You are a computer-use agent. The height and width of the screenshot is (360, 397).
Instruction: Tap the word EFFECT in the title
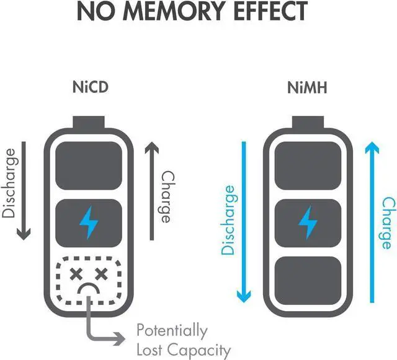270,11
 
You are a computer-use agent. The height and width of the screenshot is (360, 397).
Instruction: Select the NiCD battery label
90,87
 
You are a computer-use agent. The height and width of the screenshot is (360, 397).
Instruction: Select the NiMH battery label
307,87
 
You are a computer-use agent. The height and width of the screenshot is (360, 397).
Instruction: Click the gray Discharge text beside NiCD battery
9,183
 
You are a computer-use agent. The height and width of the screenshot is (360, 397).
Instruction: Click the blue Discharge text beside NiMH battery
229,220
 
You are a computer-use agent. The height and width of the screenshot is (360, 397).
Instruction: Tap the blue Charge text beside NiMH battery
389,224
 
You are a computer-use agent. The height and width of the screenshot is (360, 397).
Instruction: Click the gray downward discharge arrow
24,191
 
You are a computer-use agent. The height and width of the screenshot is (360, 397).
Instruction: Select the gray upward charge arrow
151,191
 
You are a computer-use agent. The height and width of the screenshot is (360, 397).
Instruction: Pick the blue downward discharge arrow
244,222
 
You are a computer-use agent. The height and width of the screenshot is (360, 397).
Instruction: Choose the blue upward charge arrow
372,222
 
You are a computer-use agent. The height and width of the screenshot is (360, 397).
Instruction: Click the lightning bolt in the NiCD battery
89,222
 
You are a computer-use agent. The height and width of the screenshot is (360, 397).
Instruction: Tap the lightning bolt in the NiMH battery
308,222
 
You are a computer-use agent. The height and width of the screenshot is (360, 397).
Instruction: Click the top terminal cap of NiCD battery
89,123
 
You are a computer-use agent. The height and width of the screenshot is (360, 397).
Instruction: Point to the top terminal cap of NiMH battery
308,123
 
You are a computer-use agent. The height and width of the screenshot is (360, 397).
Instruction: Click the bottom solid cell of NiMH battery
308,281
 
